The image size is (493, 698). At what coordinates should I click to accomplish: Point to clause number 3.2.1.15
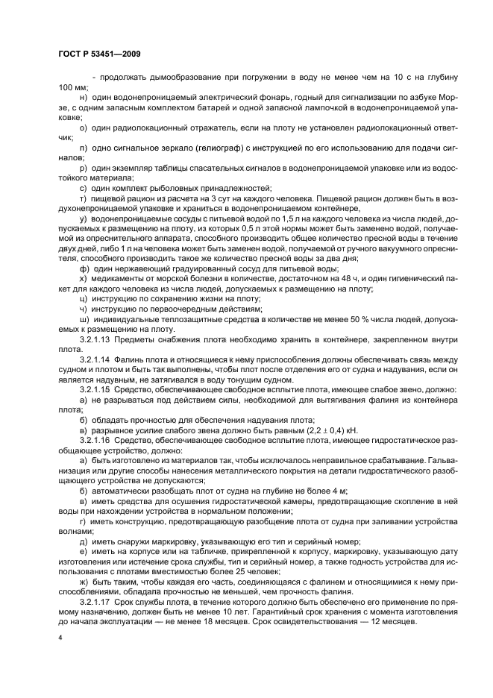pyautogui.click(x=95, y=389)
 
